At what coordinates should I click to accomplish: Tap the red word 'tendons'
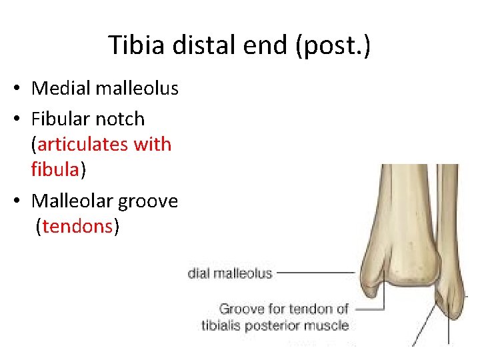coord(77,227)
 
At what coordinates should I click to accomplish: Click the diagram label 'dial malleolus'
coord(230,273)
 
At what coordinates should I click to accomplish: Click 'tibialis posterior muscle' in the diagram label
coord(275,325)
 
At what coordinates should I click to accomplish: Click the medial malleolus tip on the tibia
coord(373,293)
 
